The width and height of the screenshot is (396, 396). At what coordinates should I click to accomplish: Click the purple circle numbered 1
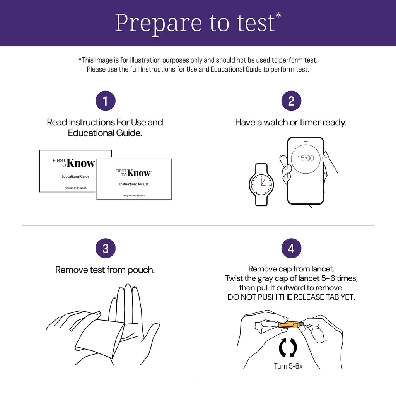click(x=105, y=101)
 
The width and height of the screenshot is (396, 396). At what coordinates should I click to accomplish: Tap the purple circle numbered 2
click(x=291, y=101)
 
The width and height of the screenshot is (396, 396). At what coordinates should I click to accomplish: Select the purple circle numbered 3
click(x=105, y=248)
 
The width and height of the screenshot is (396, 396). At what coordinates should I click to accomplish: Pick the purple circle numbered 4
click(x=291, y=248)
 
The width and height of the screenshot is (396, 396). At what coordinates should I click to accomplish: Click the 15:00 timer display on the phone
click(x=306, y=158)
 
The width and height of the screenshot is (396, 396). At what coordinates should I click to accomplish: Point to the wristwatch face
click(x=261, y=184)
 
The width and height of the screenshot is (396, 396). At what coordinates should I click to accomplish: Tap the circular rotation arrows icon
click(x=288, y=348)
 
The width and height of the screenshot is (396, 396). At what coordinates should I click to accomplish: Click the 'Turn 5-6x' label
click(x=288, y=366)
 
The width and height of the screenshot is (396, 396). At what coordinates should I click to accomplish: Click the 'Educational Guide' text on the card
click(x=75, y=176)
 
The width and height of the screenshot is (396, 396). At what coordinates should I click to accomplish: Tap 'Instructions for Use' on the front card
click(x=134, y=184)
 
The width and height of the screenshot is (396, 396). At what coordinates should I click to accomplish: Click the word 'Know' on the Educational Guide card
click(x=80, y=163)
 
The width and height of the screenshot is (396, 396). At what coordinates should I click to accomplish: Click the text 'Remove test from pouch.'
click(x=105, y=270)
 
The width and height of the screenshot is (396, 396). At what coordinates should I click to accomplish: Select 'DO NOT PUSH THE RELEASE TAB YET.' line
click(x=291, y=297)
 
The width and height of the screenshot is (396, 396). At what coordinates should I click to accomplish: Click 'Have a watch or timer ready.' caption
click(x=291, y=122)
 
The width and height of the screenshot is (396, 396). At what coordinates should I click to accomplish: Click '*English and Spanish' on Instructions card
click(x=134, y=195)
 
